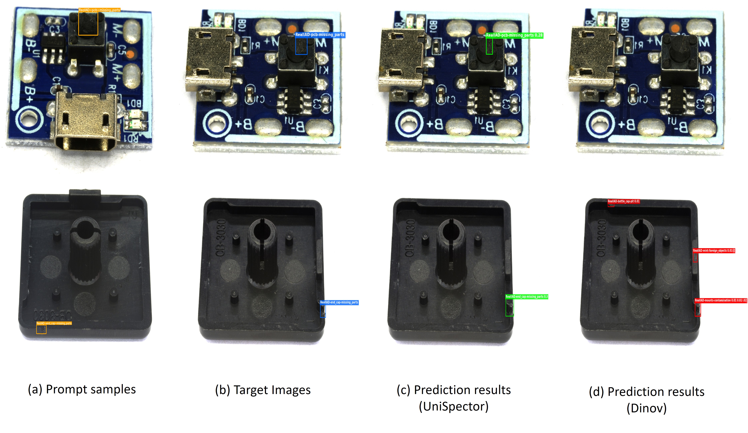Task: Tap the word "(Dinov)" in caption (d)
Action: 647,408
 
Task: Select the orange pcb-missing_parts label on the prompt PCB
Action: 99,10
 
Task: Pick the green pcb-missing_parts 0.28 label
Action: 514,35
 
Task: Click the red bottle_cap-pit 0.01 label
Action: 623,201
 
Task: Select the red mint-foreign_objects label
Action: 714,251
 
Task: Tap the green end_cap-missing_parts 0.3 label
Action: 527,296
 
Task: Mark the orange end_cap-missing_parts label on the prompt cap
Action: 54,323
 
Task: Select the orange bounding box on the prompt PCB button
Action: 88,24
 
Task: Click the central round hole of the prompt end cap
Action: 85,229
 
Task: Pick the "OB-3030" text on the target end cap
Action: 221,237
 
